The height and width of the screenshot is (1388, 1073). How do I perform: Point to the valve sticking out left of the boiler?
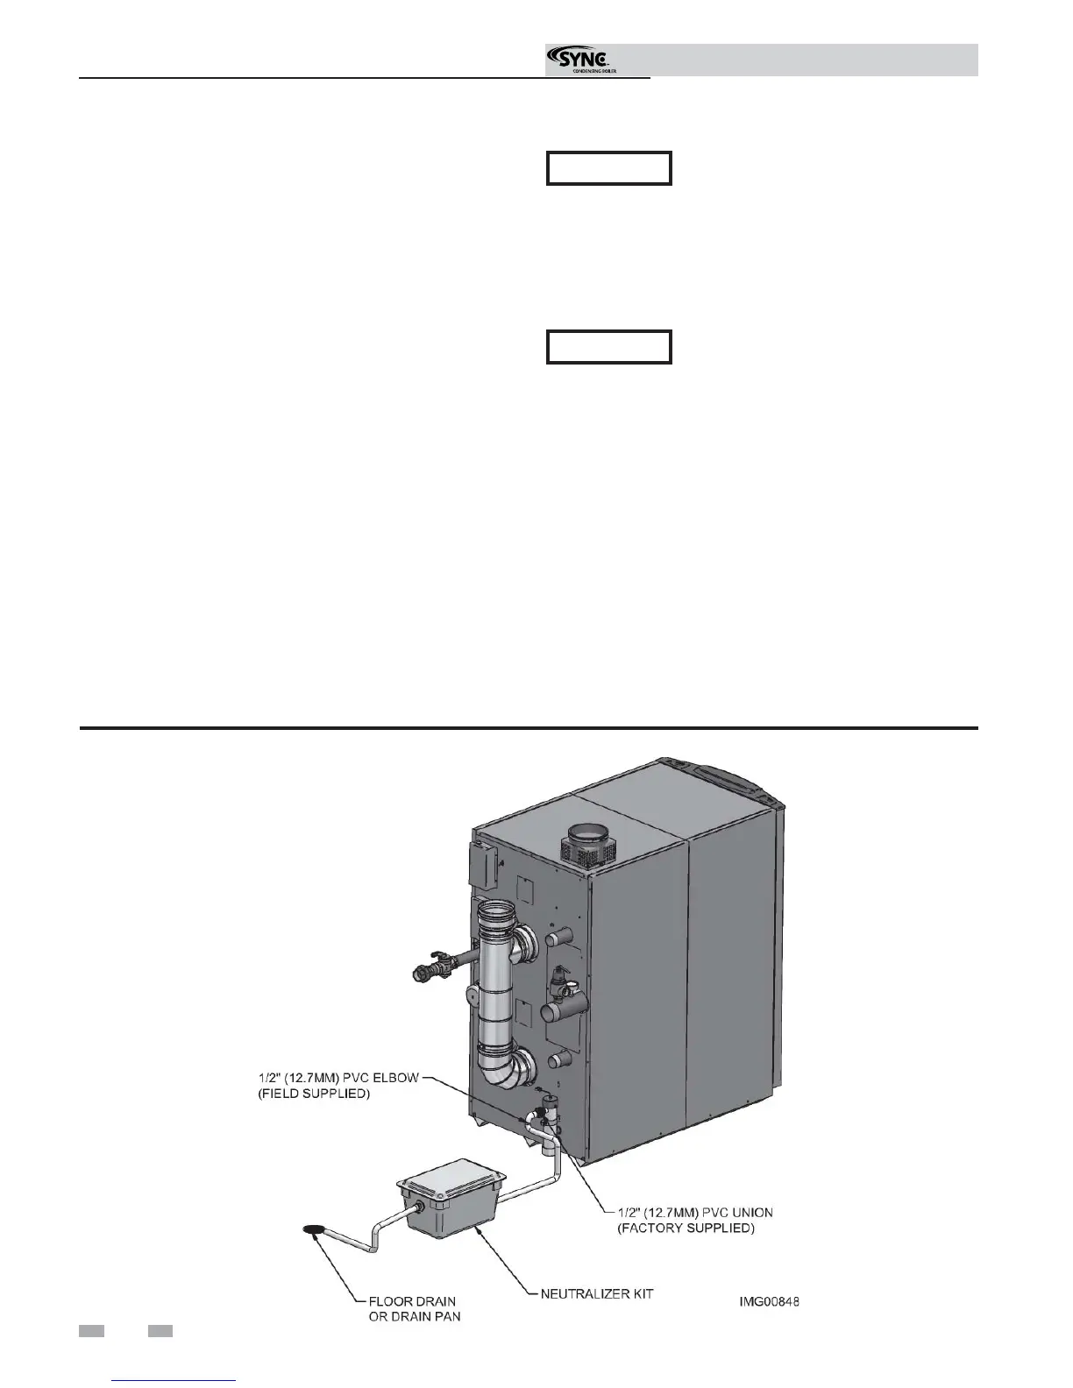pyautogui.click(x=435, y=971)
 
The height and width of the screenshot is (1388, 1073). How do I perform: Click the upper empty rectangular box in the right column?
pyautogui.click(x=609, y=168)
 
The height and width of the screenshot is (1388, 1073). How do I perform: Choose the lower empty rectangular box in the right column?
pyautogui.click(x=609, y=347)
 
